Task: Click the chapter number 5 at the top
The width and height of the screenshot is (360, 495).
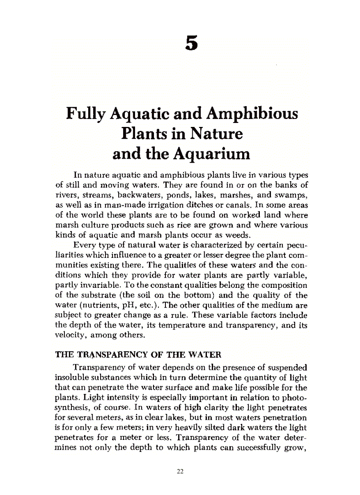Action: tap(191, 43)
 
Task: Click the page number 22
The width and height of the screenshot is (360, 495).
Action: tap(180, 471)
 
